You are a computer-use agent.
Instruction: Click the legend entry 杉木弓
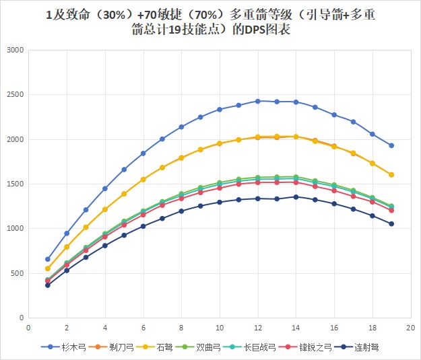pyautogui.click(x=71, y=349)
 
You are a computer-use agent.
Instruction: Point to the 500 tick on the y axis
pyautogui.click(x=15, y=273)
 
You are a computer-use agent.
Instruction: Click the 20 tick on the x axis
pyautogui.click(x=410, y=328)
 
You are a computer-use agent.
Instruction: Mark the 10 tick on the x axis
pyautogui.click(x=219, y=328)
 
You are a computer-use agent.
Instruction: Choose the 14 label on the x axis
pyautogui.click(x=296, y=328)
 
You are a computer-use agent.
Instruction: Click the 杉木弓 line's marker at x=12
pyautogui.click(x=257, y=101)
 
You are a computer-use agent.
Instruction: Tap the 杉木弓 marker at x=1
pyautogui.click(x=47, y=259)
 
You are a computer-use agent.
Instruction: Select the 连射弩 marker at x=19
pyautogui.click(x=391, y=223)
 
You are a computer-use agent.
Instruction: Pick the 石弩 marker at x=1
pyautogui.click(x=47, y=268)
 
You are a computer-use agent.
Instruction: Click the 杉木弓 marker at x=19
pyautogui.click(x=391, y=145)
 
